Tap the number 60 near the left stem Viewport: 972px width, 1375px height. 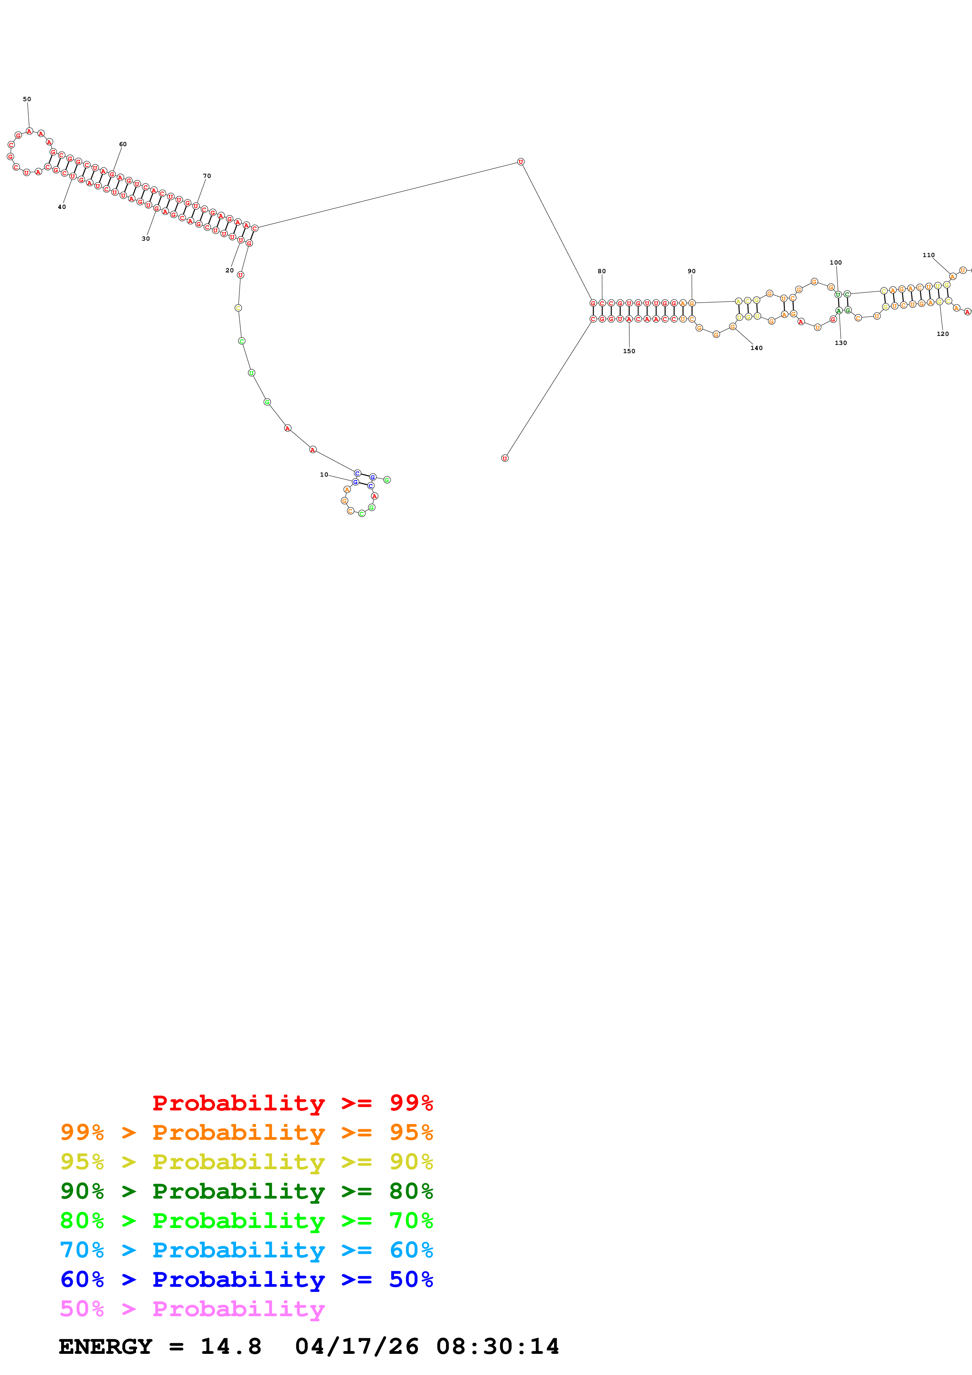[x=123, y=144]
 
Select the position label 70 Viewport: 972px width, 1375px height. [x=207, y=176]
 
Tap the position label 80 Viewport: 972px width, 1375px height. [x=601, y=271]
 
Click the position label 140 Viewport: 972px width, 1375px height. [x=756, y=348]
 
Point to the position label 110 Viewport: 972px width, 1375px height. [x=928, y=255]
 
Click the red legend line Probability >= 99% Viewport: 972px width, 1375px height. [x=292, y=1103]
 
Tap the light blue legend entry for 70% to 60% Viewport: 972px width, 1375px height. [x=246, y=1250]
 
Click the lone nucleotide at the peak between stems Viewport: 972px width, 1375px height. [x=520, y=162]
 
